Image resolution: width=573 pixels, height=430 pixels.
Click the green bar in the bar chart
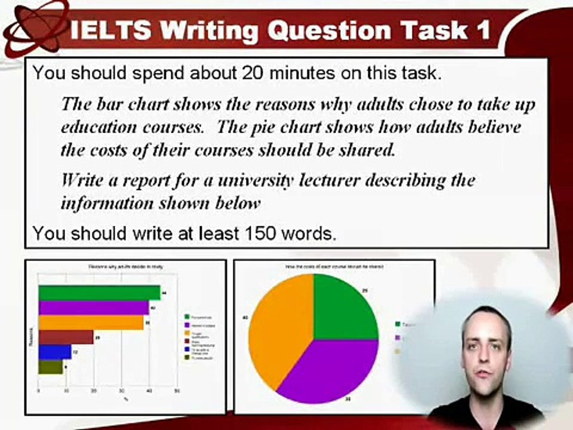coord(99,292)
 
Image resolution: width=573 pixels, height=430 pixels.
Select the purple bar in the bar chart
coord(93,308)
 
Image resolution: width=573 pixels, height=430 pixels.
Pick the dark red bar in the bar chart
coord(66,337)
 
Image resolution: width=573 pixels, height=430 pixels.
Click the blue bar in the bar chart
coord(54,352)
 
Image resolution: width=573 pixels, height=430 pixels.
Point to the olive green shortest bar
coord(50,367)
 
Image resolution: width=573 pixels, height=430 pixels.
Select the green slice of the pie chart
coord(343,308)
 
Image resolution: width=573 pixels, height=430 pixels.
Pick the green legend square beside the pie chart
coord(399,324)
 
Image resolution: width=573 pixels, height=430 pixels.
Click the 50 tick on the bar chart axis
coord(177,392)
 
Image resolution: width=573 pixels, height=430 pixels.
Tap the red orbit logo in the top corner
coord(33,27)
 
